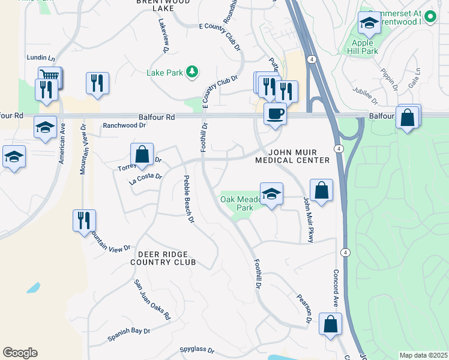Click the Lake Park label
click(x=165, y=73)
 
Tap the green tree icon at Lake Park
click(x=191, y=73)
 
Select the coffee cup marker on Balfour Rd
click(x=276, y=113)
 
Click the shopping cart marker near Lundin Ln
click(x=50, y=76)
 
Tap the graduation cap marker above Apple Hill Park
click(x=369, y=24)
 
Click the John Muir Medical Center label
click(x=292, y=156)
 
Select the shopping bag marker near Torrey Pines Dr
click(x=142, y=155)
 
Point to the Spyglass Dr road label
click(x=197, y=349)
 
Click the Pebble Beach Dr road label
click(x=189, y=199)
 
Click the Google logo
click(x=20, y=352)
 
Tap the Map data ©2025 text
click(x=423, y=355)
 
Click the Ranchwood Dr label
click(x=125, y=126)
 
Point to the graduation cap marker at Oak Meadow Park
click(x=271, y=194)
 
